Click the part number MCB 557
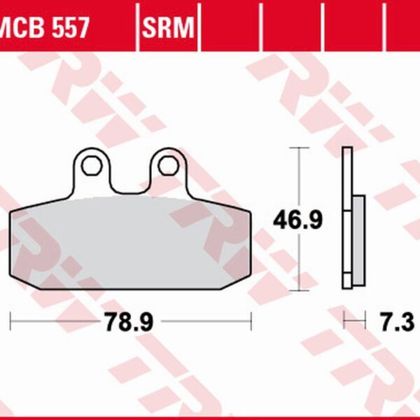[43, 27]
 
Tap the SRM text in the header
[169, 27]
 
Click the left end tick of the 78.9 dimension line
[11, 322]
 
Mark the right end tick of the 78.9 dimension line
[250, 322]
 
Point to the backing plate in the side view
[346, 218]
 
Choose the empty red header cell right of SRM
[230, 27]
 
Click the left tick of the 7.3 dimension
[344, 322]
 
